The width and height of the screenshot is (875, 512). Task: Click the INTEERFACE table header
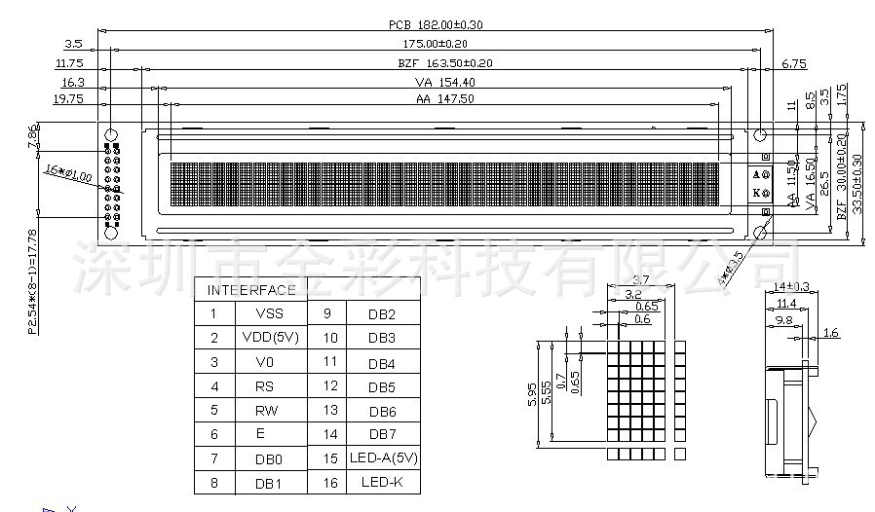click(251, 290)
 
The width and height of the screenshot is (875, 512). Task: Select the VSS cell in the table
click(270, 314)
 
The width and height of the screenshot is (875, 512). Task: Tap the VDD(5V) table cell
click(270, 338)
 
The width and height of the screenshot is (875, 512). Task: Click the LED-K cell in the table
click(382, 482)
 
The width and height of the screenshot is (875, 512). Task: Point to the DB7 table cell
click(382, 434)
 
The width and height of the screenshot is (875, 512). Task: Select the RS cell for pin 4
click(265, 386)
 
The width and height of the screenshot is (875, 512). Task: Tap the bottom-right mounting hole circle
click(761, 231)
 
